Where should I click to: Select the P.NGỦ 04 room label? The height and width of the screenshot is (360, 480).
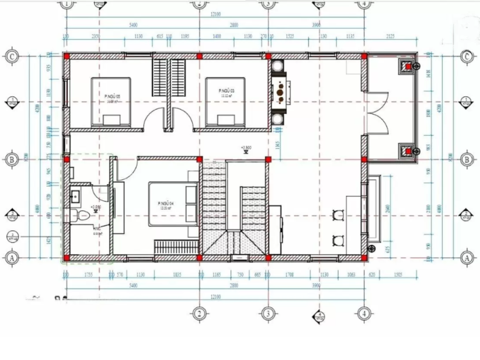[166, 205]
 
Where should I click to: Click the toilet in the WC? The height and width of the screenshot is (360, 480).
[79, 217]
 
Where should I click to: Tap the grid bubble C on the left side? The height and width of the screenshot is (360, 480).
[11, 56]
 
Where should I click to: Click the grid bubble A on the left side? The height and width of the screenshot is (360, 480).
[11, 258]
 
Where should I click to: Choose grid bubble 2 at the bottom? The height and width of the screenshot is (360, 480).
[199, 313]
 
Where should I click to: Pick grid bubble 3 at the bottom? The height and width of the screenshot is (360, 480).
[268, 313]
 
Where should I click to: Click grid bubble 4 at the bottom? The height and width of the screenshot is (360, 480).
[363, 313]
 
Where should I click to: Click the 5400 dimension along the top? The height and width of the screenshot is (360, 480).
[133, 25]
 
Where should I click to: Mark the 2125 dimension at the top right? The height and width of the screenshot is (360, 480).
[390, 37]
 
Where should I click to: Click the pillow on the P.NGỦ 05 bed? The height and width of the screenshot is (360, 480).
[113, 119]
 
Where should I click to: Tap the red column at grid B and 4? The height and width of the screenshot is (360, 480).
[364, 159]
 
